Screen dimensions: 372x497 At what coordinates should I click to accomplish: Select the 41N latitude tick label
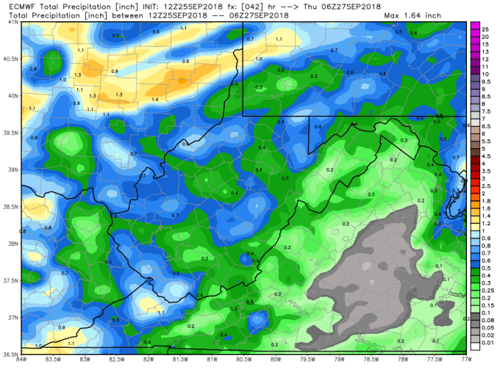coord(12,22)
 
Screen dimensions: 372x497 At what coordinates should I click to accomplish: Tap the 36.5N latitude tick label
coord(10,353)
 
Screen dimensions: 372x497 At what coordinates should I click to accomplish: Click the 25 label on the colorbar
coord(485,28)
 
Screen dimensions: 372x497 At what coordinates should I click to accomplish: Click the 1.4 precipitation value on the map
coord(155,99)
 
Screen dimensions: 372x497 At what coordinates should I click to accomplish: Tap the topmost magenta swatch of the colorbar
coord(475,28)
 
